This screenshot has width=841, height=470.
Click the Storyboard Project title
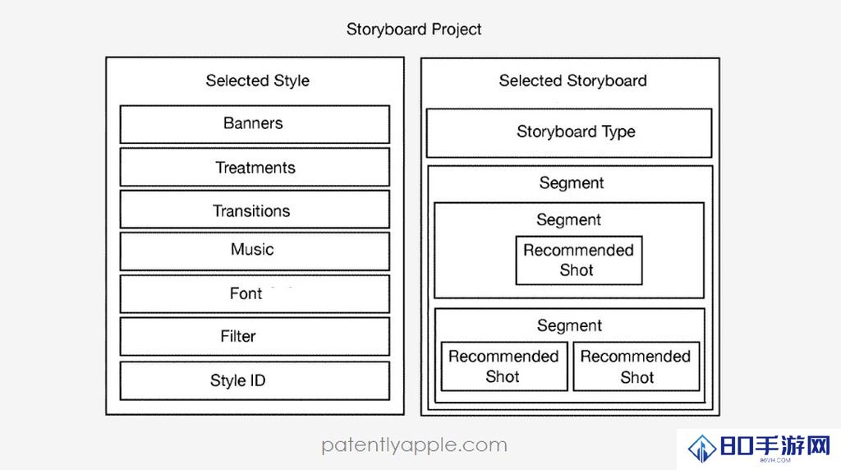click(x=414, y=29)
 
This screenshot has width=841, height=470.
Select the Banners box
click(x=255, y=124)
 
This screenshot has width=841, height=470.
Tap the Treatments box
click(x=255, y=168)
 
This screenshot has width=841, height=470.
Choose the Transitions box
click(x=255, y=210)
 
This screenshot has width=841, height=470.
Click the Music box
click(x=255, y=251)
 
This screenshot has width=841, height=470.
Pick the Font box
click(x=255, y=294)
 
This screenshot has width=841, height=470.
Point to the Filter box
click(x=255, y=336)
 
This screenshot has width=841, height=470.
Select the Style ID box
click(x=255, y=381)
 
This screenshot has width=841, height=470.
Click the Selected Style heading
click(x=257, y=81)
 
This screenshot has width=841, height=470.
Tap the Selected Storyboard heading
click(x=572, y=81)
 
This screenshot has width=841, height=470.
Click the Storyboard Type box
click(x=569, y=133)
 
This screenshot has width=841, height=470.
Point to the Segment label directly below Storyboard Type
click(x=572, y=183)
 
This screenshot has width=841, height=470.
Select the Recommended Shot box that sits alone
click(x=579, y=260)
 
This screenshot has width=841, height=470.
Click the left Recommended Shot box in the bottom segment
click(x=504, y=366)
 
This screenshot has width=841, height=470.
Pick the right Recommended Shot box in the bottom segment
click(x=636, y=366)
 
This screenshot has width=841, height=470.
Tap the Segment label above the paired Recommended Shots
click(x=570, y=325)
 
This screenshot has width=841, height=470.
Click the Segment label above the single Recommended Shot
click(x=569, y=220)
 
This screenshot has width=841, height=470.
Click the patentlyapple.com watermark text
click(x=414, y=445)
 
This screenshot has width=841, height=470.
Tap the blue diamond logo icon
click(x=702, y=448)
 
